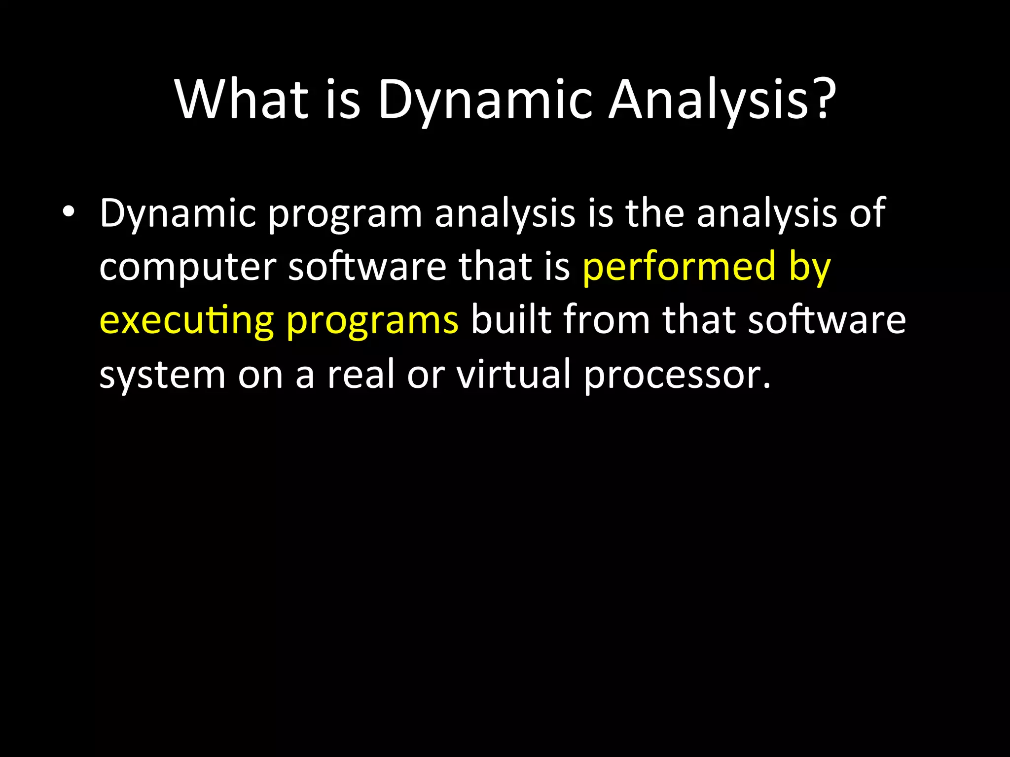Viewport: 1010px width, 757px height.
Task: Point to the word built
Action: pos(510,320)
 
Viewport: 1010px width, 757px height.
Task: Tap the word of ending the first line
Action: pos(867,213)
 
